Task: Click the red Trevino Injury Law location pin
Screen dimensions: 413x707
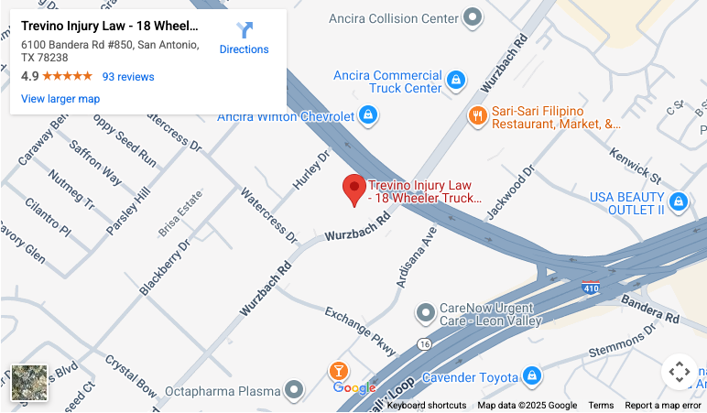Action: pyautogui.click(x=354, y=190)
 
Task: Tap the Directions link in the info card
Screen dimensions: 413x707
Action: pyautogui.click(x=244, y=38)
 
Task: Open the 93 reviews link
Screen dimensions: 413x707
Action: pyautogui.click(x=128, y=77)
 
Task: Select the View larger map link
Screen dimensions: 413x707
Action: pyautogui.click(x=60, y=99)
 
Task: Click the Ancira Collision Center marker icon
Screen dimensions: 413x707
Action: pyautogui.click(x=473, y=16)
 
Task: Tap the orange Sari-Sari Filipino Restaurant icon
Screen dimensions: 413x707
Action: pyautogui.click(x=477, y=116)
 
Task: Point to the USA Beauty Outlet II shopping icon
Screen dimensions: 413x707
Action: pyautogui.click(x=678, y=201)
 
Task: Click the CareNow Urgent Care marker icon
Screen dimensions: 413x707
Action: pyautogui.click(x=425, y=313)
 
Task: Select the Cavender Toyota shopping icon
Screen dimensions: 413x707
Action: pyautogui.click(x=531, y=375)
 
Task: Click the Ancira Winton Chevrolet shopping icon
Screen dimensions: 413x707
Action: pyautogui.click(x=367, y=115)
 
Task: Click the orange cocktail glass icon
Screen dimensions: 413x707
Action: pyautogui.click(x=339, y=372)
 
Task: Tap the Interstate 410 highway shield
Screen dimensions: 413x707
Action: pyautogui.click(x=591, y=288)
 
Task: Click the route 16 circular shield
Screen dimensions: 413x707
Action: pyautogui.click(x=423, y=343)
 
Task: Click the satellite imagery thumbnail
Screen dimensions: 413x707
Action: pyautogui.click(x=28, y=385)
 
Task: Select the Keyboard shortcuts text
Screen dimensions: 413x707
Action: pyautogui.click(x=426, y=406)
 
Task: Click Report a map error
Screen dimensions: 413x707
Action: pyautogui.click(x=663, y=406)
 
